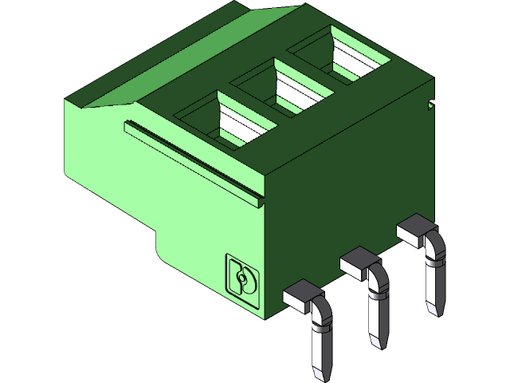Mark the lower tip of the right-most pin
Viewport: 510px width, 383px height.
click(433, 309)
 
